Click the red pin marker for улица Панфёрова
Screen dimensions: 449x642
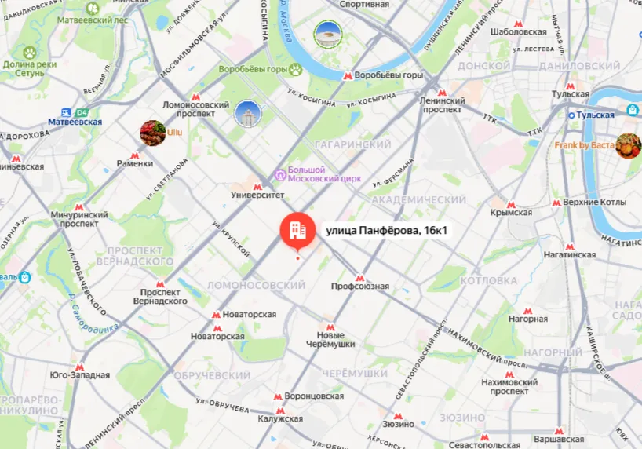click(x=297, y=229)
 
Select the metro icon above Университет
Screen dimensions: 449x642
click(x=257, y=186)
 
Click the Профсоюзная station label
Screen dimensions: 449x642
click(x=359, y=287)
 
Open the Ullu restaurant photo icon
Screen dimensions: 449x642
click(x=152, y=133)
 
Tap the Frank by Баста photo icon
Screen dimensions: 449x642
click(x=628, y=145)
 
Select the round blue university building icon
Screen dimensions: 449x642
click(x=247, y=115)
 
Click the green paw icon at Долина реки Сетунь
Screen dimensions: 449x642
click(x=30, y=53)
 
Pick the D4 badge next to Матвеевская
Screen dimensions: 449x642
click(x=82, y=113)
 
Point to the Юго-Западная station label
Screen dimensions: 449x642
click(x=79, y=375)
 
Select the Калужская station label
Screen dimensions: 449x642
click(x=279, y=419)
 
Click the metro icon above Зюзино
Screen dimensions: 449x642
click(x=398, y=416)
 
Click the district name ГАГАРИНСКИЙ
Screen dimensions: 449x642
click(x=352, y=145)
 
